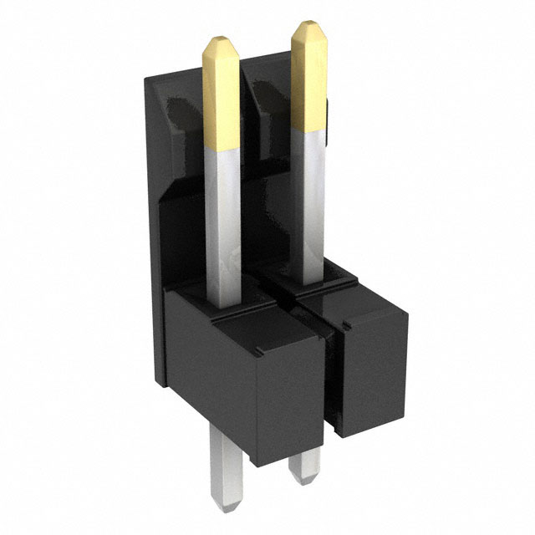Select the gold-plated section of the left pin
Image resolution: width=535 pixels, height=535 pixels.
222,100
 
